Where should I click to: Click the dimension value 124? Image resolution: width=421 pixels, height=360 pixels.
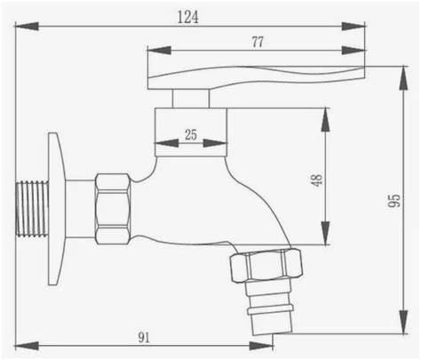point(188,17)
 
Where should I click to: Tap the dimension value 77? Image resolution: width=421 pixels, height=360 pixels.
point(258,42)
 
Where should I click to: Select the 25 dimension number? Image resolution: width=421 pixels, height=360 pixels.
point(191,135)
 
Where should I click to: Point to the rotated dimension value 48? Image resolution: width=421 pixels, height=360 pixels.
point(316,180)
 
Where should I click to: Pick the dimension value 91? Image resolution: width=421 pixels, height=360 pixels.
point(144,338)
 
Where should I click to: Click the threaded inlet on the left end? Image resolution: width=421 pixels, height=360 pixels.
point(32,209)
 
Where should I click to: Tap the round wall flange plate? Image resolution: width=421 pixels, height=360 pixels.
point(57,209)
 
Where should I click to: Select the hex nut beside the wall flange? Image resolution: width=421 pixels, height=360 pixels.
point(113,209)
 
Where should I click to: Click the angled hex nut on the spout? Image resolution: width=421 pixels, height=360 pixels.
point(266,265)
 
